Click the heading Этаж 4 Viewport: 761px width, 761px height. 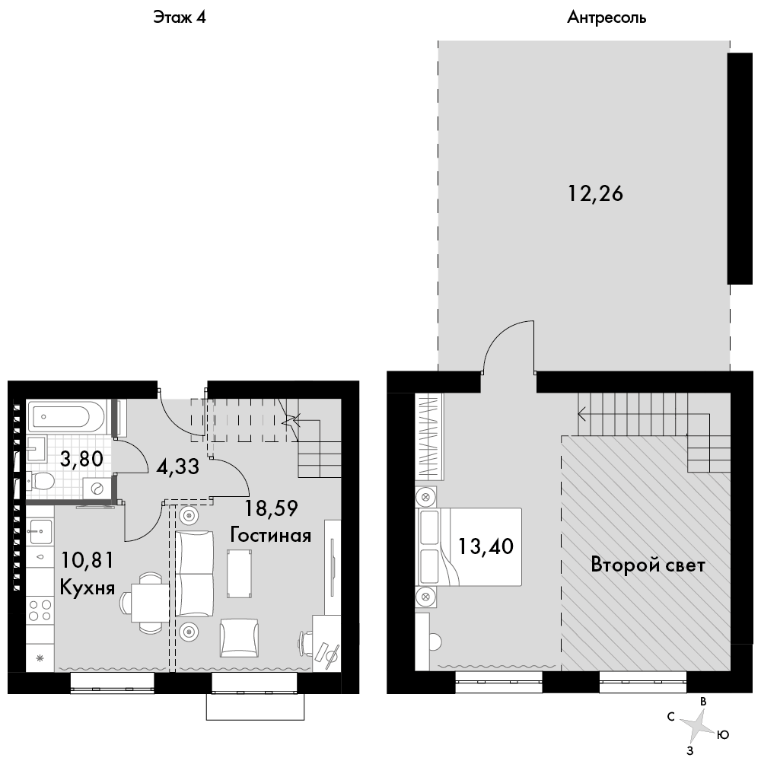(x=180, y=18)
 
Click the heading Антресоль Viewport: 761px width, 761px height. (x=607, y=18)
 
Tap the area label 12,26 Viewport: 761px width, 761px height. (x=596, y=193)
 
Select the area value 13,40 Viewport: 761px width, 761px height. (x=486, y=546)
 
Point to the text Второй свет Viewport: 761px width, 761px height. (x=648, y=565)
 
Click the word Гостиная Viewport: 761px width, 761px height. (x=270, y=535)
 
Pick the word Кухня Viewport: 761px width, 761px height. (x=88, y=587)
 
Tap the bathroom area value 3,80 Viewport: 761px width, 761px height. (x=81, y=459)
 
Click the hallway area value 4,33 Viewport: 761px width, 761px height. (x=177, y=467)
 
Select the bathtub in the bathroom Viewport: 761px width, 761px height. (x=66, y=416)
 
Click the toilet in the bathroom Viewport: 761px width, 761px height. (x=40, y=481)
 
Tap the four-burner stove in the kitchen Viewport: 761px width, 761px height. (x=40, y=610)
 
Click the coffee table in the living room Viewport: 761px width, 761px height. (x=239, y=573)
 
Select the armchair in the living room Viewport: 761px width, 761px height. (x=239, y=638)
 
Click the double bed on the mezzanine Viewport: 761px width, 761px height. (x=470, y=547)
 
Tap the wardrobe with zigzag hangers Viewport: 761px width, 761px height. (x=428, y=436)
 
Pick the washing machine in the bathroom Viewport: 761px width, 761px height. (x=97, y=489)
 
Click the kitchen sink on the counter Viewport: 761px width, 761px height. (x=40, y=532)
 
